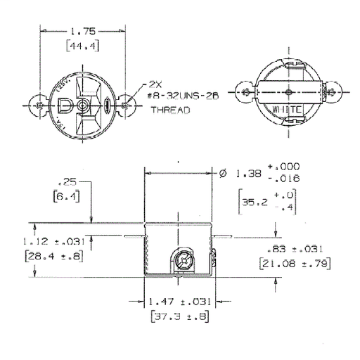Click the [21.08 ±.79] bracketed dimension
[x=294, y=263]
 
